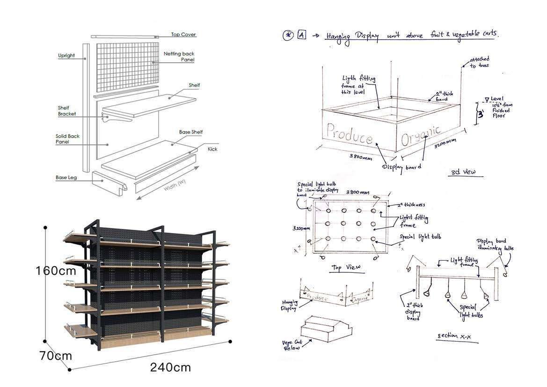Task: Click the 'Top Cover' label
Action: [x=183, y=35]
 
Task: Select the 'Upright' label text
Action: [x=66, y=56]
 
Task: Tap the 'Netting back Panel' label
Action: [x=179, y=57]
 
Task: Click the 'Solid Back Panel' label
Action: [x=68, y=139]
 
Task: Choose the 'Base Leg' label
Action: [x=67, y=178]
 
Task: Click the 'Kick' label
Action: [x=212, y=149]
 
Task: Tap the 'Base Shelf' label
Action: [x=191, y=132]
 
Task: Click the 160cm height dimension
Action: [x=56, y=271]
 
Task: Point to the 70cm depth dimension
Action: [x=55, y=356]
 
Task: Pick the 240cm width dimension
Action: [x=170, y=367]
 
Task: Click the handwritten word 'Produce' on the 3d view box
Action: [x=350, y=134]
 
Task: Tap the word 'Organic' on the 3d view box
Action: [x=420, y=135]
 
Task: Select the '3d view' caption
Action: [x=462, y=172]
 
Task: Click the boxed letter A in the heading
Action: [x=301, y=35]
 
